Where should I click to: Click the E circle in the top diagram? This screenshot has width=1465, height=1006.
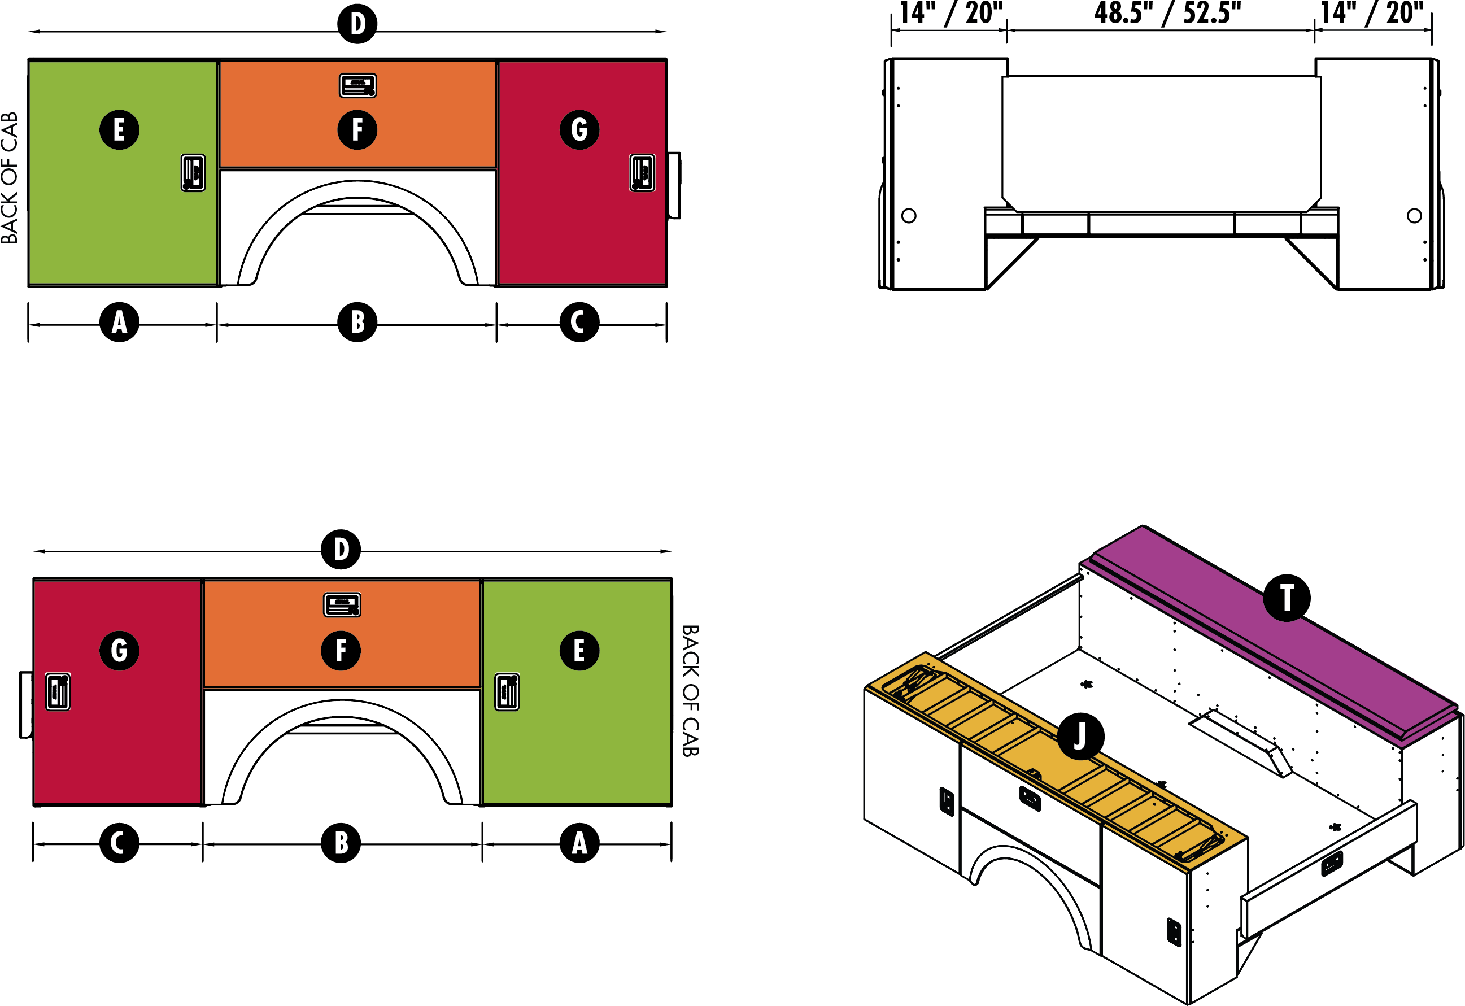(x=119, y=130)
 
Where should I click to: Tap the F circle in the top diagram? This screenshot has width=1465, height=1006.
(x=357, y=130)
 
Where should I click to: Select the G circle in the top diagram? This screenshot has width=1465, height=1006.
(x=579, y=130)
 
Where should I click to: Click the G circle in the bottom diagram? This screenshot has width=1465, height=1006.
(x=119, y=650)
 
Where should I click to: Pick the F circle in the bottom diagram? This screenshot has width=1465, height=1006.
(x=341, y=650)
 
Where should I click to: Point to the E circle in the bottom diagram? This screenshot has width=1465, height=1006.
(x=579, y=650)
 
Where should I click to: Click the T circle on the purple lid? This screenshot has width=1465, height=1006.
(x=1287, y=598)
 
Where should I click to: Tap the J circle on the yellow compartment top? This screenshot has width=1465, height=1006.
(x=1080, y=735)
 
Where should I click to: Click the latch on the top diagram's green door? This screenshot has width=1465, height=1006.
(x=193, y=172)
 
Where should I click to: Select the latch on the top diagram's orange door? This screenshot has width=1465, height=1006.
(x=357, y=86)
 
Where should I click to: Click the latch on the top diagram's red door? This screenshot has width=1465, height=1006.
(x=642, y=172)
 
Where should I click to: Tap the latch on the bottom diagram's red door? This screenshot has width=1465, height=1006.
(x=58, y=691)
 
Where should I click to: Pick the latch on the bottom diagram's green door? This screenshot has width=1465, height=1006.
(x=507, y=691)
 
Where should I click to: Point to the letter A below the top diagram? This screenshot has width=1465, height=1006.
(x=119, y=321)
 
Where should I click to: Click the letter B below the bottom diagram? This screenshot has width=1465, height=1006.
(x=341, y=842)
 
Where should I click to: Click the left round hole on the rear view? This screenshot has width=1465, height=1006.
(x=908, y=216)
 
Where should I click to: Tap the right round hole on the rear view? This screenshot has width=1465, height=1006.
(x=1414, y=216)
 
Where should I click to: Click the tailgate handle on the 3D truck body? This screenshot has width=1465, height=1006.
(x=1332, y=864)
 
